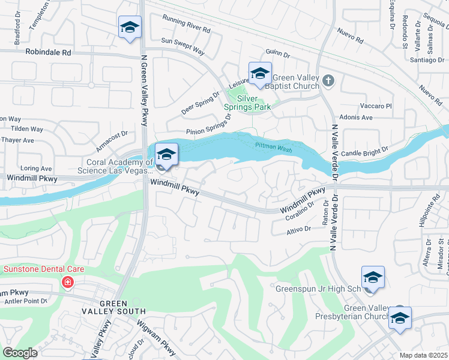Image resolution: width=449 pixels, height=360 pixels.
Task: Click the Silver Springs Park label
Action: point(254,102)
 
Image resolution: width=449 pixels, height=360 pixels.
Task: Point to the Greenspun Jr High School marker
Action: point(373,278)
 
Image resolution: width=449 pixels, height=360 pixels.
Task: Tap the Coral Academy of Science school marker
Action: point(166,154)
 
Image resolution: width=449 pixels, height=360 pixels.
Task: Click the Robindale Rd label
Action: point(48,52)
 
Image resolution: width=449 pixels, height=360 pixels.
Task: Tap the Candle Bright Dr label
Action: point(369,152)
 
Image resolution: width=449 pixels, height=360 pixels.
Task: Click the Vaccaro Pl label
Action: point(376,106)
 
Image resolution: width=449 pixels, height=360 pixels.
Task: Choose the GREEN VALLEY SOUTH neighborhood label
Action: point(114,307)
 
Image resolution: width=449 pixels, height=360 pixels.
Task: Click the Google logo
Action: point(20,353)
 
